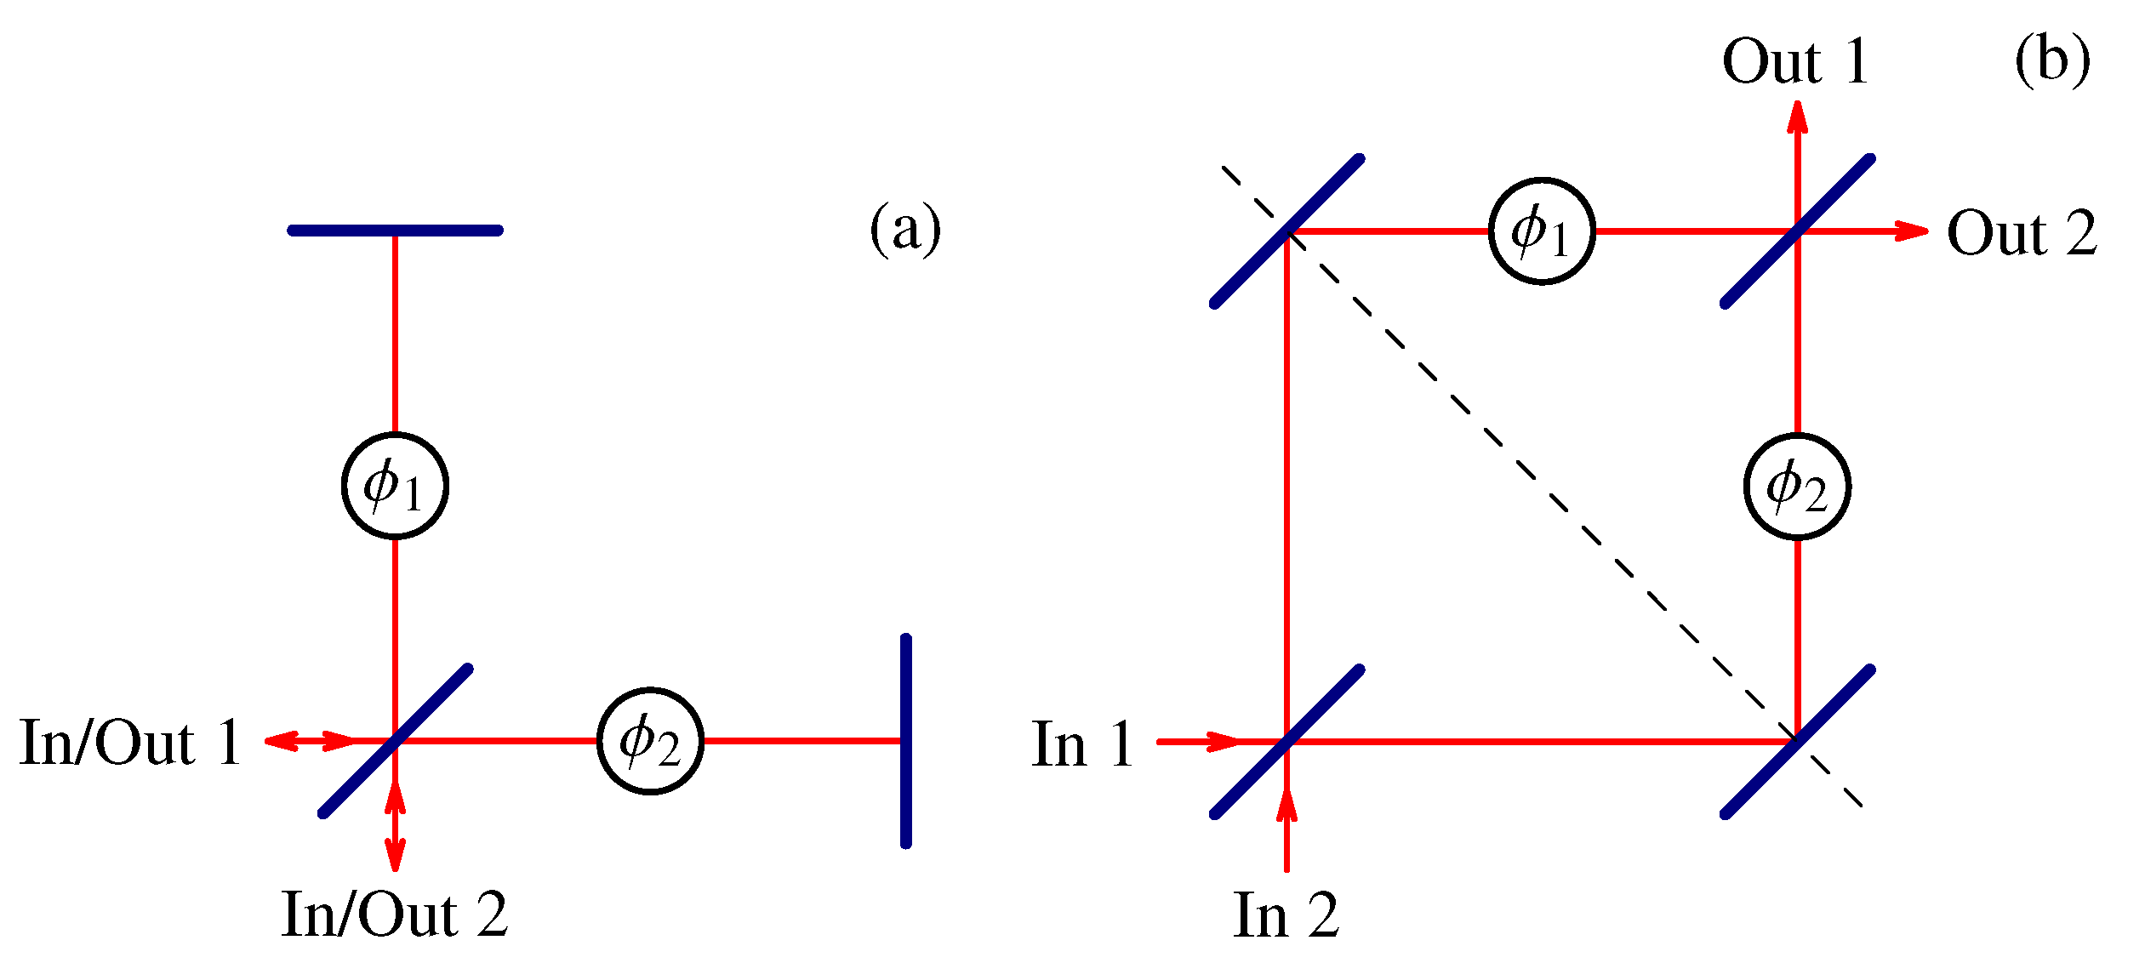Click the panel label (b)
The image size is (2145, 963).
(2051, 61)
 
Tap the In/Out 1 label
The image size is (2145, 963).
(130, 743)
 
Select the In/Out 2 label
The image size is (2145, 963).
(395, 915)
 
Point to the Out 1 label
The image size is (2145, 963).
(1795, 62)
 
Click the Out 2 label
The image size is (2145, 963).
(2022, 233)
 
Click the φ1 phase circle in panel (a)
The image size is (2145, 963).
(395, 486)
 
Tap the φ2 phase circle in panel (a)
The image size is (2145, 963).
(650, 741)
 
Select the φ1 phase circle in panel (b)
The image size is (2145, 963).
(1542, 231)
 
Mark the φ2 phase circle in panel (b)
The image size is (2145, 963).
(1797, 487)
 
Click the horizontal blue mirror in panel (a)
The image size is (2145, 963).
(395, 231)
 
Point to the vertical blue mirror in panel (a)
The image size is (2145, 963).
(905, 741)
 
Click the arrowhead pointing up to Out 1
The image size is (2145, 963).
(1797, 116)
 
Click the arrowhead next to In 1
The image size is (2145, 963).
(1224, 742)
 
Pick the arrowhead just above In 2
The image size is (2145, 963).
(1286, 805)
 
